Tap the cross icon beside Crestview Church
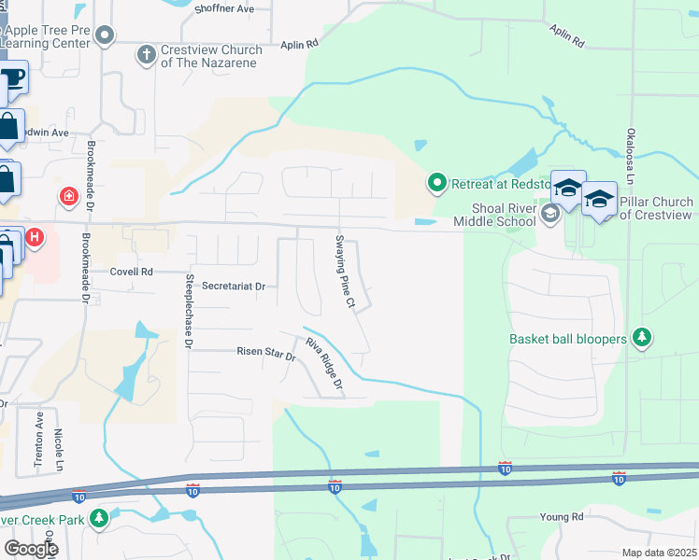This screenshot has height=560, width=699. tap(146, 54)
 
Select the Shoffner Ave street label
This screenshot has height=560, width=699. tap(224, 9)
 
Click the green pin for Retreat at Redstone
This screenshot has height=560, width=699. tap(435, 183)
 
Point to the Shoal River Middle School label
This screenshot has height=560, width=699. tap(494, 215)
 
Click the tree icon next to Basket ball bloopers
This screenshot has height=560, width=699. tap(641, 337)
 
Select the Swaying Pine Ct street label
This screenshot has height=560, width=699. tap(344, 273)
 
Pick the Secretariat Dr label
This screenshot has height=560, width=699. tap(234, 287)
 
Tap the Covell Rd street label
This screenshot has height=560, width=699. tap(131, 272)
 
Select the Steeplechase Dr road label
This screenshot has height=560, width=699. tap(188, 312)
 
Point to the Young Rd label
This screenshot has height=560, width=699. tap(561, 516)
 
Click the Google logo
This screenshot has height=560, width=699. tap(31, 548)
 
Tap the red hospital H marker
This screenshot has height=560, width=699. tap(35, 238)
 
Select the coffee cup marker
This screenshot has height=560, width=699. tap(12, 77)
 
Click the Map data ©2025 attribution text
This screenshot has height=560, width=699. tap(659, 553)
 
